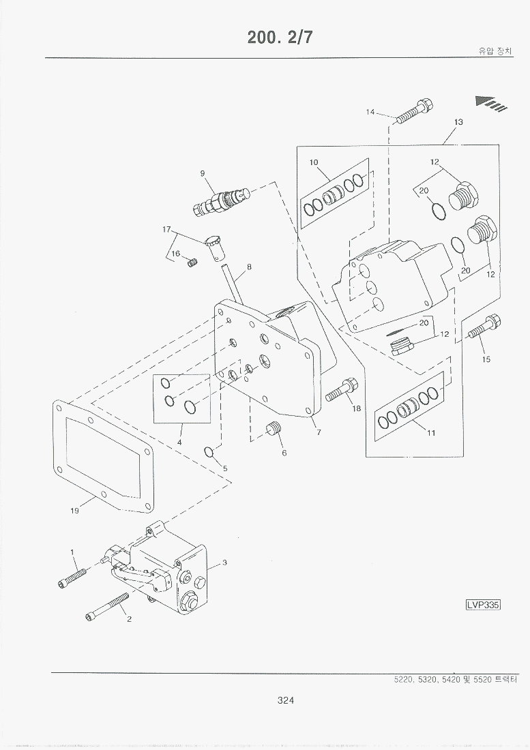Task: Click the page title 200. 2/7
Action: [280, 37]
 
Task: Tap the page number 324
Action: [286, 699]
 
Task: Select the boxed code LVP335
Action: [483, 604]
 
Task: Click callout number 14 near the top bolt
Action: [370, 112]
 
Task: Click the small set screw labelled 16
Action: [192, 262]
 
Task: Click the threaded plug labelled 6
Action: [274, 430]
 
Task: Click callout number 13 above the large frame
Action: [458, 122]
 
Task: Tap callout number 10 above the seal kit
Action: [313, 162]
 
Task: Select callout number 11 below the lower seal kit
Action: [431, 432]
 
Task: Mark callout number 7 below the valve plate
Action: [319, 432]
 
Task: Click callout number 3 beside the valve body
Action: [224, 562]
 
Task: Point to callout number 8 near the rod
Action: [249, 267]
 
